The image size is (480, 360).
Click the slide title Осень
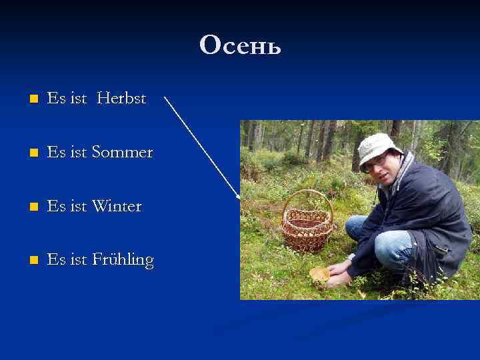click(240, 45)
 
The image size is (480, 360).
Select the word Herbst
click(121, 99)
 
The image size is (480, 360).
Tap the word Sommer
click(122, 153)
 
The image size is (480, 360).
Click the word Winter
click(117, 207)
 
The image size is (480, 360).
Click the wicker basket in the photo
click(307, 230)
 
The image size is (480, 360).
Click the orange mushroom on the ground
click(319, 273)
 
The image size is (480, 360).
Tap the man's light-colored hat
click(377, 147)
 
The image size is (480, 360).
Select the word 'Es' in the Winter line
click(57, 207)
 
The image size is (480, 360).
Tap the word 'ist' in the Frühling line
click(78, 260)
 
